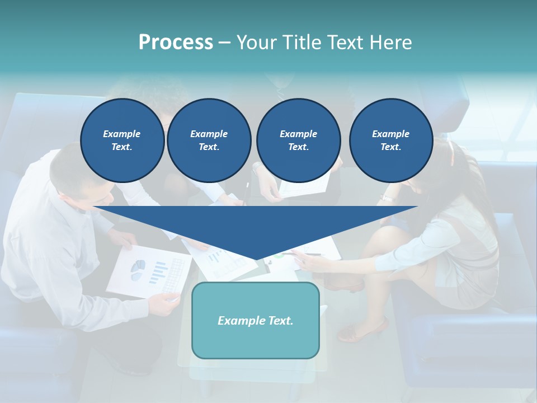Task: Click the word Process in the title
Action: [x=176, y=43]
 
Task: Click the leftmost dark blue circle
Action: [x=122, y=140]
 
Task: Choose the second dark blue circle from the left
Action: [x=209, y=140]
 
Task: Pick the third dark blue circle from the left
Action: [x=298, y=140]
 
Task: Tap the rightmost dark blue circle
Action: [x=391, y=140]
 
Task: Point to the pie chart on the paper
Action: [x=138, y=270]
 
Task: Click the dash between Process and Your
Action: [x=224, y=43]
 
